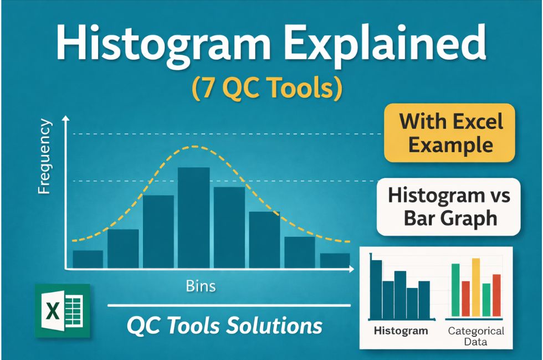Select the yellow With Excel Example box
(450, 133)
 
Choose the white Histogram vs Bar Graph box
(449, 207)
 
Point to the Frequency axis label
(44, 158)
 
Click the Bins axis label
(201, 286)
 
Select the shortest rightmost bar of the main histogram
(335, 261)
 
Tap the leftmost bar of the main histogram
(88, 259)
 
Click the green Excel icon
(62, 310)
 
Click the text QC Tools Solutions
(224, 325)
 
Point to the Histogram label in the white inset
(401, 331)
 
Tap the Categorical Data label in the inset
(475, 336)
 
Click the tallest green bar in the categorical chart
(455, 291)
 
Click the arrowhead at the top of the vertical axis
(66, 119)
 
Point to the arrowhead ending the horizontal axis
(351, 269)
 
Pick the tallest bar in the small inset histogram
(376, 287)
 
